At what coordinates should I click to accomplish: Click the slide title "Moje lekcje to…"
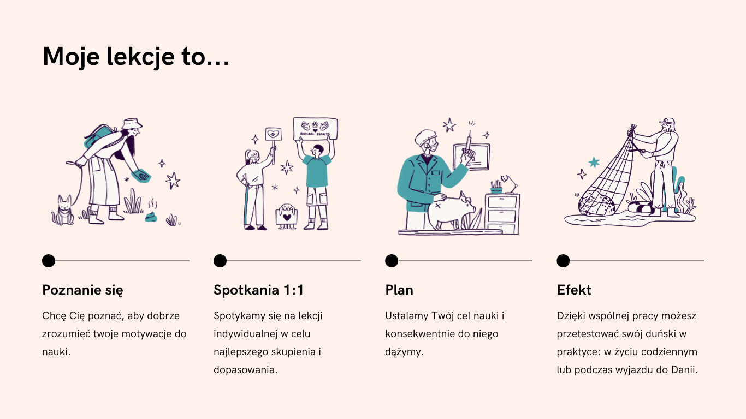(136, 57)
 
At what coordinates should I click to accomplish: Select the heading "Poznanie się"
(82, 290)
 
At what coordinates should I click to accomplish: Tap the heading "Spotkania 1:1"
(259, 290)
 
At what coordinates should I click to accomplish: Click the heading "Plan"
(399, 290)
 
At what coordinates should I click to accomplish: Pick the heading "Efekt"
(574, 290)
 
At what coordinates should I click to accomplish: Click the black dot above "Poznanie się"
(49, 261)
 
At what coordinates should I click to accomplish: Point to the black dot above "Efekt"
(563, 261)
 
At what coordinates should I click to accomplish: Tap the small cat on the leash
(63, 210)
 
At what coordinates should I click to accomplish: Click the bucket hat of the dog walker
(132, 123)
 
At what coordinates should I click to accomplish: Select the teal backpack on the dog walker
(99, 136)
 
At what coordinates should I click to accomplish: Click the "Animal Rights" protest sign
(316, 128)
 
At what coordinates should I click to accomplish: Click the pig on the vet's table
(450, 211)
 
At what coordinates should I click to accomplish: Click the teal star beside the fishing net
(594, 163)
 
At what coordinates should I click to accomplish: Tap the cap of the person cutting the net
(667, 121)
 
